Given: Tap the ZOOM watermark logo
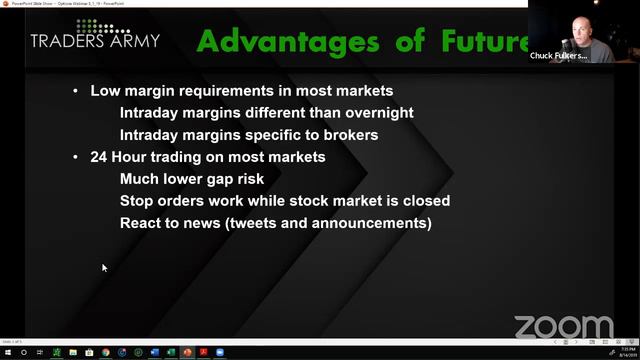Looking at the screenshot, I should pos(563,327).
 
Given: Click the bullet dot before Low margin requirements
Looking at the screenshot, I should pos(76,91).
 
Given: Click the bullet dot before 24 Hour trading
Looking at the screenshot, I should pos(76,157).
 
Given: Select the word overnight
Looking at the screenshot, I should pos(377,113).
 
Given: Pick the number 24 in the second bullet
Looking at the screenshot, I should pos(99,157).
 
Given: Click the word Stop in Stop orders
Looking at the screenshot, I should pos(137,201).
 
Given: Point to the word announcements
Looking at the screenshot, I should pos(370,223).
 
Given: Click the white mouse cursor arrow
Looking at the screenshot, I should pos(104,267).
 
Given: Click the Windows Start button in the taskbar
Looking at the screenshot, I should pos(7,352).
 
